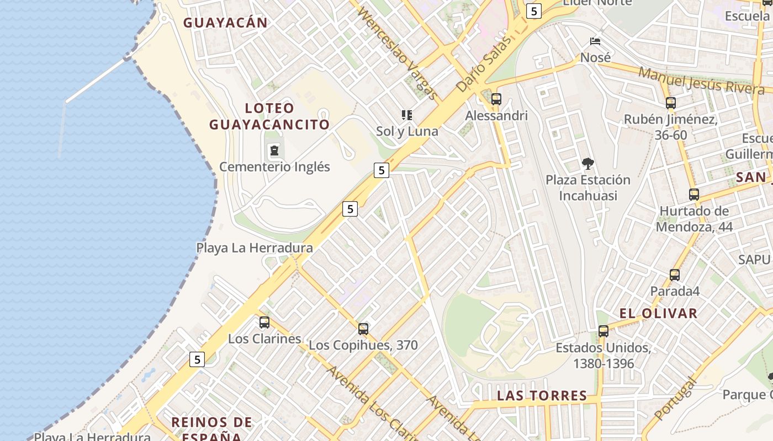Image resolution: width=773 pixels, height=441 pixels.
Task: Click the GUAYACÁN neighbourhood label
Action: pos(225,23)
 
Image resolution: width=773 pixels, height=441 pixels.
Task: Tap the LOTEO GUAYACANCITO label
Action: pos(269,116)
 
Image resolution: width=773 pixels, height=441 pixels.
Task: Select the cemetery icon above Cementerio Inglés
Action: pos(274,150)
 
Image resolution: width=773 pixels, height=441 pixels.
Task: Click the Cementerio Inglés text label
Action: pos(274,166)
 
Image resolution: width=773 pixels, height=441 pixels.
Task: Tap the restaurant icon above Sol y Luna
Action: pos(407,115)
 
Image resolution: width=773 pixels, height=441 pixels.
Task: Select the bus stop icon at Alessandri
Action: pos(496,99)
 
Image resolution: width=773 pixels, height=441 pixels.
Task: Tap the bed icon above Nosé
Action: pos(595,41)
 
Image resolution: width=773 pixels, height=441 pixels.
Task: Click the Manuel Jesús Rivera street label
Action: pos(701,80)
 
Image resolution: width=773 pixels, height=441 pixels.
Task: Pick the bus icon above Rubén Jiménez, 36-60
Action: pos(671,103)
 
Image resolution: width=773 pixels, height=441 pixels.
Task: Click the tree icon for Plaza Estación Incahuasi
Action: pos(587,163)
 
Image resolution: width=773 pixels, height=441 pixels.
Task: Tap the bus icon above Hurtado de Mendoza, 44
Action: pos(694,195)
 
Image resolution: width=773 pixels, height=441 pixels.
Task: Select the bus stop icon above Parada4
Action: pos(674,275)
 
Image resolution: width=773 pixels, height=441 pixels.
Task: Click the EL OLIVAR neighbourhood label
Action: pos(658,314)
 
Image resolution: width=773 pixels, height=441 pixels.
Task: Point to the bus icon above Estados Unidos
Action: pos(603,331)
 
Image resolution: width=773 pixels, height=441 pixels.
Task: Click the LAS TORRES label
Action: pos(542,396)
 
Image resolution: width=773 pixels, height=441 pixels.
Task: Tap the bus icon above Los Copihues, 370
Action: pos(363,329)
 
